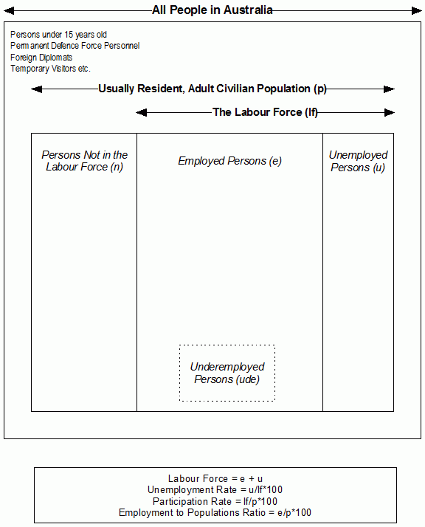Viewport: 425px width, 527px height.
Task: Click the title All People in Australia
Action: pos(212,10)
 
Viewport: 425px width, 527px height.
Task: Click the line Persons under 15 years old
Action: pos(59,35)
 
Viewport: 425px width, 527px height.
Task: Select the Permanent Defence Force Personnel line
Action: pos(75,46)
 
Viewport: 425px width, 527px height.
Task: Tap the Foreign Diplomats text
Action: pos(41,58)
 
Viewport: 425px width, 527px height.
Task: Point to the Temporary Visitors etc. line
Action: pos(50,69)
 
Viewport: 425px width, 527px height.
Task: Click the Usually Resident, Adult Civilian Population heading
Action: pos(212,89)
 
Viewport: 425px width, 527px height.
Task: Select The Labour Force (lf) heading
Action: pos(265,112)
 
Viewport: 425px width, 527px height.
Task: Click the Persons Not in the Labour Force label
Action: pos(84,161)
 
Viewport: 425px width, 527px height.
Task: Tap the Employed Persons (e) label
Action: pos(229,161)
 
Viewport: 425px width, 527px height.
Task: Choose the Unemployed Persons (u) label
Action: pos(358,161)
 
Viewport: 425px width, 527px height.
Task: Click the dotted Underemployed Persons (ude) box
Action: pos(227,373)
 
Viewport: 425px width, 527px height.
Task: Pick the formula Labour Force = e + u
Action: pos(215,478)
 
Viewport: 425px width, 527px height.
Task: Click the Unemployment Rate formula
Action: pos(215,489)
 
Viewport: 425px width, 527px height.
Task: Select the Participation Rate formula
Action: pos(215,501)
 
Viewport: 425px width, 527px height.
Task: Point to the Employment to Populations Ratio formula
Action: pos(215,512)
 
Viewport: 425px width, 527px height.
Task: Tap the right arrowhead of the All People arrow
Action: pos(416,10)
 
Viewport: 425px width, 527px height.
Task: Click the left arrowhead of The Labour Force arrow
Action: pos(141,112)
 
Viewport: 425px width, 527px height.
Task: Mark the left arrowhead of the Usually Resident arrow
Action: pos(35,89)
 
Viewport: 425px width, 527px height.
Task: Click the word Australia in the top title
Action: pos(249,10)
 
